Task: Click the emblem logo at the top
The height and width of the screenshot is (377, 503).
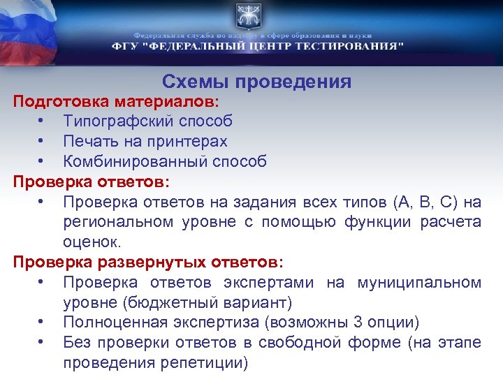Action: click(x=251, y=15)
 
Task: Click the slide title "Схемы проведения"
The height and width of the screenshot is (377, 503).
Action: click(x=256, y=82)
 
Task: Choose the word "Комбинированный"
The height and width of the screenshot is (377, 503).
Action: click(x=129, y=161)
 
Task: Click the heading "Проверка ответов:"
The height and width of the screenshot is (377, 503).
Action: click(x=92, y=182)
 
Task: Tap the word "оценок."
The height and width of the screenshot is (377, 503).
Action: click(x=92, y=242)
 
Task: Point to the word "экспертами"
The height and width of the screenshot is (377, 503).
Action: click(x=272, y=283)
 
